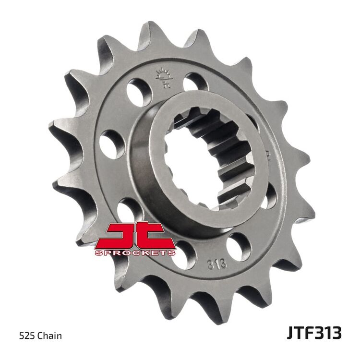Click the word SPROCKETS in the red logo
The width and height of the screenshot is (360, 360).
pyautogui.click(x=134, y=252)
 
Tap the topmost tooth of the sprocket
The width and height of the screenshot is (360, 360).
pyautogui.click(x=153, y=34)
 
